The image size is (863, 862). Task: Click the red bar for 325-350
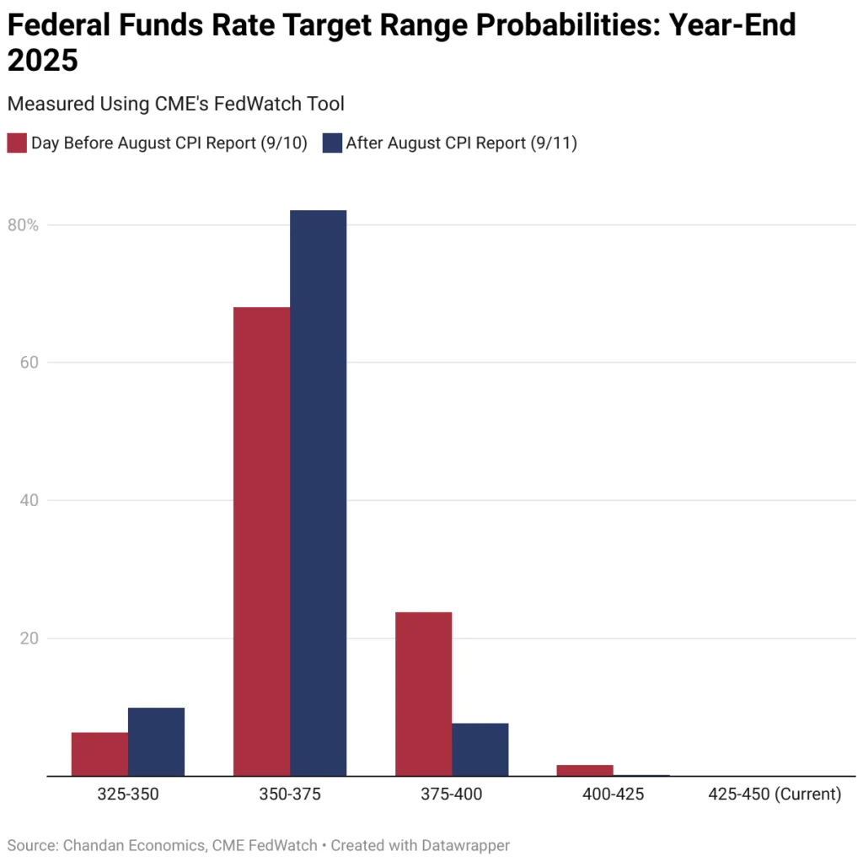point(99,754)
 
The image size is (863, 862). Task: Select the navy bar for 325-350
point(156,741)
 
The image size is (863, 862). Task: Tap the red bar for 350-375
point(261,541)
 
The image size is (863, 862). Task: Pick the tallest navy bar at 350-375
point(318,493)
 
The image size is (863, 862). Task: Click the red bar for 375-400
point(423,693)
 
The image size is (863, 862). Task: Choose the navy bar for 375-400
point(480,749)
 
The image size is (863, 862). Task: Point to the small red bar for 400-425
point(585,770)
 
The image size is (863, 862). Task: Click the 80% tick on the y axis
point(24,225)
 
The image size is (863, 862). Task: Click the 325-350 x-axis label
point(128,795)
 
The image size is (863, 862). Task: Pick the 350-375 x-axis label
point(290,795)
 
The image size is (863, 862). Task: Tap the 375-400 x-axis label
point(452,795)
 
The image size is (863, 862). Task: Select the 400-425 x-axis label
point(613,795)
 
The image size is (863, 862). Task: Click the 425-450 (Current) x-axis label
point(775,795)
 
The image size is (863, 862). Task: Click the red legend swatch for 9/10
point(17,143)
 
